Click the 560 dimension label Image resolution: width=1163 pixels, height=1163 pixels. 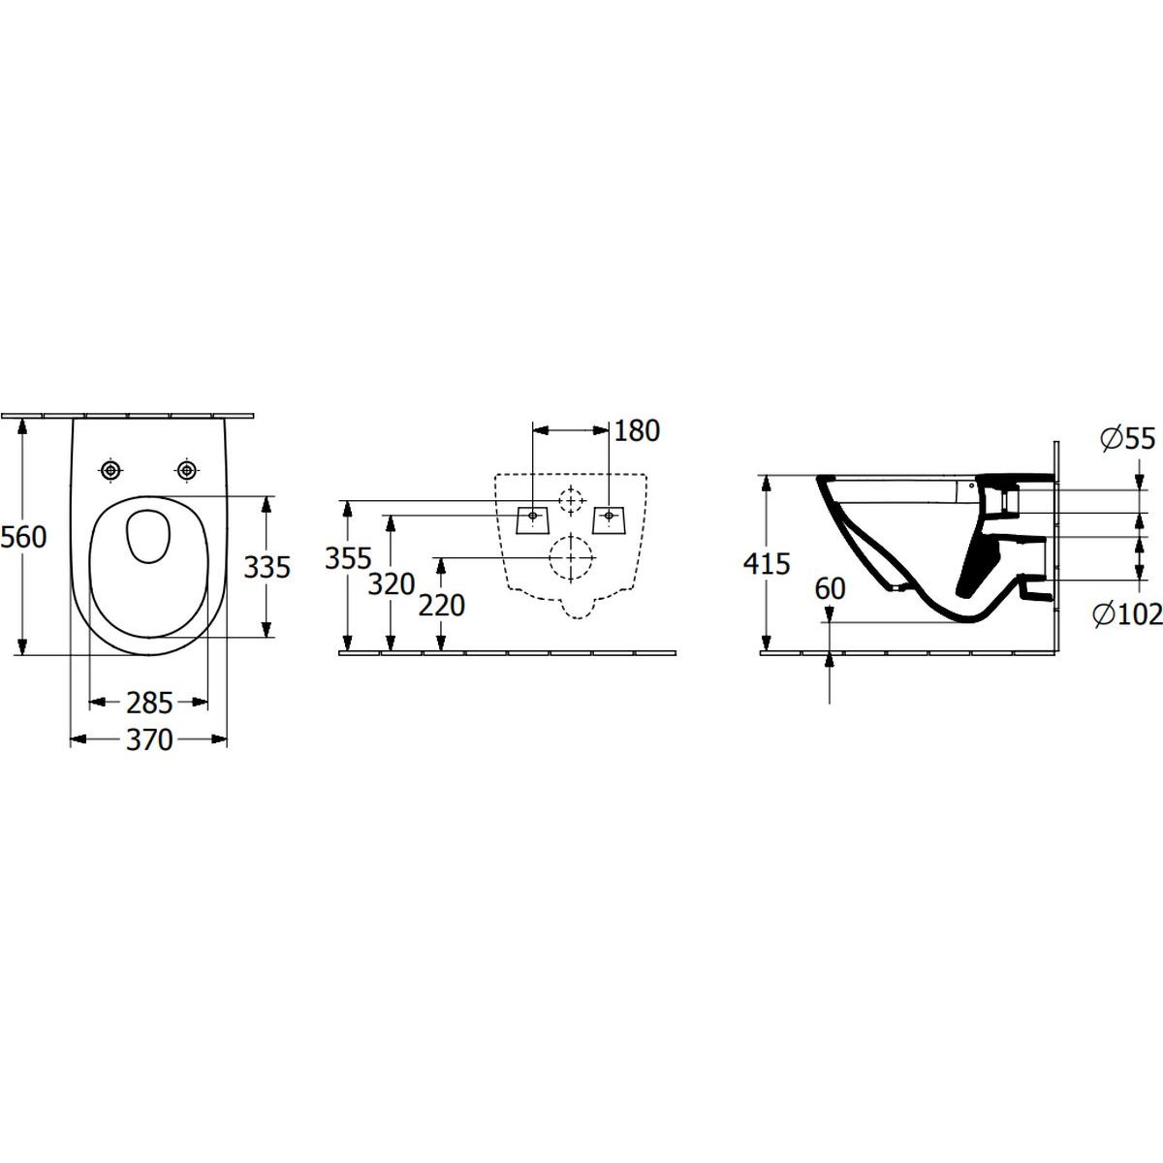point(23,537)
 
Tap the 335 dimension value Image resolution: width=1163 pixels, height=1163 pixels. point(267,567)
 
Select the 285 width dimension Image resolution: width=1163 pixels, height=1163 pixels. point(149,703)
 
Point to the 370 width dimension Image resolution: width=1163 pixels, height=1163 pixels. point(149,739)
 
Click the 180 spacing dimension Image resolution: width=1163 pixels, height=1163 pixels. point(638,430)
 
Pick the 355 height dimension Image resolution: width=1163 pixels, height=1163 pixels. point(348,558)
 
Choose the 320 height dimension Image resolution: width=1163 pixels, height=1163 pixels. point(392,584)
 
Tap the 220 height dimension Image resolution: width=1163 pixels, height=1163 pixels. point(442,606)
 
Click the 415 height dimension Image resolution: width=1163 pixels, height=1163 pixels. point(767,564)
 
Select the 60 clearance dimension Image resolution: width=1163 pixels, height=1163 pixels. point(830,588)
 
